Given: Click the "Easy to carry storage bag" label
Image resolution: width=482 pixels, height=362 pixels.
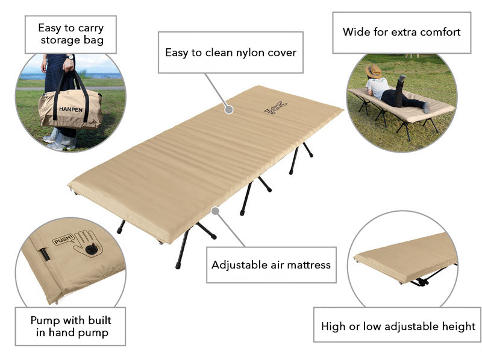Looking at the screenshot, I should point(70,34).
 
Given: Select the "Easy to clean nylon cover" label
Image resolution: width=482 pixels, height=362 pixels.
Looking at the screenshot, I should point(231,52).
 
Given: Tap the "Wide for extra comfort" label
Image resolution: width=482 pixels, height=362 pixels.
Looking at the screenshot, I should point(402,32).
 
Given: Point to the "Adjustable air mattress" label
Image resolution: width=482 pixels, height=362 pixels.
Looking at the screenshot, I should point(271,264).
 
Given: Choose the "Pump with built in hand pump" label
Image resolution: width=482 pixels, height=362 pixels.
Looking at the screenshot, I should point(70,326).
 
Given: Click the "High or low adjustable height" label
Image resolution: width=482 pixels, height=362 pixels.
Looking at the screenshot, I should point(398,326).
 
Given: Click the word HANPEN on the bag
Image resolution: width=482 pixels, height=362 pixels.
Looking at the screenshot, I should point(71,110).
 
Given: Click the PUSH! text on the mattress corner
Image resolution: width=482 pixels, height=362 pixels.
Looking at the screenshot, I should point(63,239).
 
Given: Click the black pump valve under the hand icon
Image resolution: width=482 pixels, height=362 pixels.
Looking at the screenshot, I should point(91,250).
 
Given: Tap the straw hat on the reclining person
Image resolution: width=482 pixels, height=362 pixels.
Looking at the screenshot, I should point(374,71).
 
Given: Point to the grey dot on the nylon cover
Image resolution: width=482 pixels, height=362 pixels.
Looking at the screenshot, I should point(229,109).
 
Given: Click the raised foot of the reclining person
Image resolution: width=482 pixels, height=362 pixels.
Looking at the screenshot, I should point(402,78).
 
